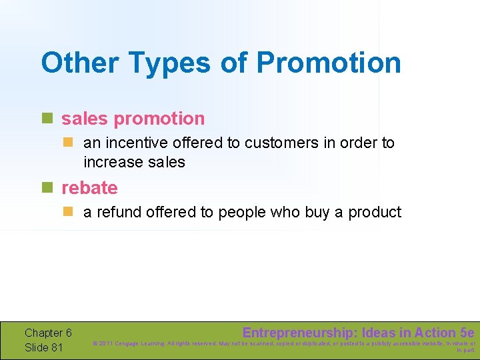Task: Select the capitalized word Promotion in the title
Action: coord(329,63)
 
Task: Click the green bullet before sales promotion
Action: coord(47,119)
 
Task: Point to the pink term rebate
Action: coord(89,188)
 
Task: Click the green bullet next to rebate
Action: coord(47,188)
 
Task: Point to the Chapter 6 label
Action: coord(48,333)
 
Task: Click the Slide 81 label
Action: coord(44,347)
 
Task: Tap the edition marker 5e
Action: coord(467,333)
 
